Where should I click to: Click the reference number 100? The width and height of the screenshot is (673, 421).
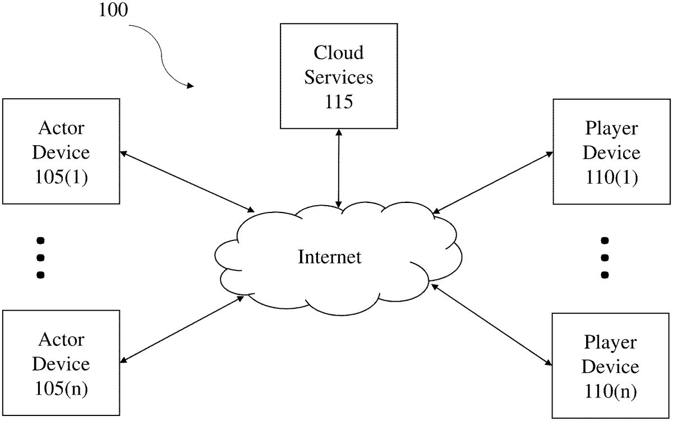pos(114,11)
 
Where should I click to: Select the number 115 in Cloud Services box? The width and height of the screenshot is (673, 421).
pos(338,101)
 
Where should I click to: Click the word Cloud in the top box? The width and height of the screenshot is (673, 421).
pos(338,53)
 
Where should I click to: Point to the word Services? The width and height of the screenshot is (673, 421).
pos(338,77)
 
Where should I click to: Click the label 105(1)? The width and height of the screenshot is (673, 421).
pos(61,177)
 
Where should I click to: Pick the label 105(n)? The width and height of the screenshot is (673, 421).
pos(61,388)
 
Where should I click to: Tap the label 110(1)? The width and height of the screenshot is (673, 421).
pos(611,177)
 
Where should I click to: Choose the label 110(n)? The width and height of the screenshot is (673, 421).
pos(611,391)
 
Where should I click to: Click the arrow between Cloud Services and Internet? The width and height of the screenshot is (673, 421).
pos(338,168)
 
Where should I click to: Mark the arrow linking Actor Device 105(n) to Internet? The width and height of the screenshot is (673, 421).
pos(183,330)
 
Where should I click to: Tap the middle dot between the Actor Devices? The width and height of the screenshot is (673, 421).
pos(40,258)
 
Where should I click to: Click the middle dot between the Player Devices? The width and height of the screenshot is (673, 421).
pos(605,258)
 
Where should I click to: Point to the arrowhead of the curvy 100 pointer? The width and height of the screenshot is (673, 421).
pos(191,86)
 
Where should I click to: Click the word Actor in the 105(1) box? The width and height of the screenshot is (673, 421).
pos(61,128)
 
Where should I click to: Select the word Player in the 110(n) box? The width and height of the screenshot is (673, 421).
pos(611,342)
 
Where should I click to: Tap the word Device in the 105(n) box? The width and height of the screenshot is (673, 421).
pos(61,364)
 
